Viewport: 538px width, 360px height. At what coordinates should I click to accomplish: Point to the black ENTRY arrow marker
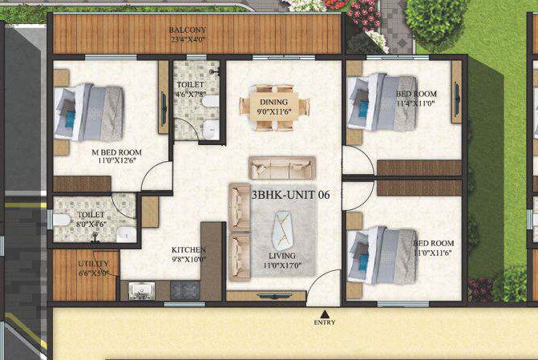click(324, 313)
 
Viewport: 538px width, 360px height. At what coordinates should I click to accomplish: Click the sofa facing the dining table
click(281, 168)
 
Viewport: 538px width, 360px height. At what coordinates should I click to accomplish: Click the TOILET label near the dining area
click(191, 84)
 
